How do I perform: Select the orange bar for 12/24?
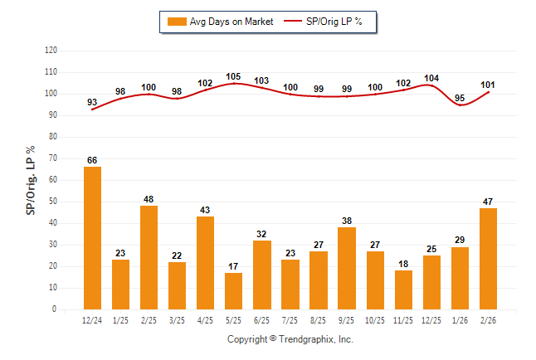92,238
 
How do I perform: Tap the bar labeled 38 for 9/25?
346,268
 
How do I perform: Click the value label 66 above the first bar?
92,160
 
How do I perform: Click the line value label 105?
233,76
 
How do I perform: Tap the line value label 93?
92,102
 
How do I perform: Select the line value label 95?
459,98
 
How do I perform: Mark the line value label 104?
431,78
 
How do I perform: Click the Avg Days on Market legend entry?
219,22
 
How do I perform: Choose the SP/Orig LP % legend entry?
326,22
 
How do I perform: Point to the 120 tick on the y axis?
51,51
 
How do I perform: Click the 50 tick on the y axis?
53,202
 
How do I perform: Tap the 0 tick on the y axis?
55,309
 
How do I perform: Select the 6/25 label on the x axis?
261,319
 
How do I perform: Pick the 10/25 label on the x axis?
374,319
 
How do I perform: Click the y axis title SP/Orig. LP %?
31,180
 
